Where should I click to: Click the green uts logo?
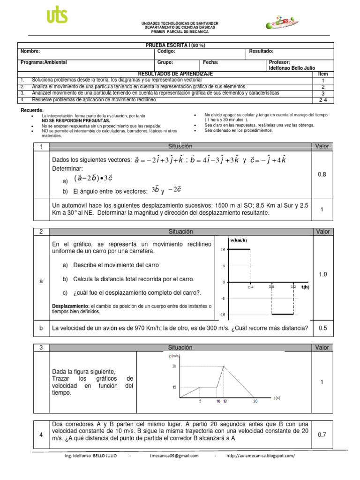(x=57, y=16)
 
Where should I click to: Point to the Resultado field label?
(x=261, y=52)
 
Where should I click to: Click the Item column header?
(x=323, y=74)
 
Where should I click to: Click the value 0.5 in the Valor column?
(x=322, y=328)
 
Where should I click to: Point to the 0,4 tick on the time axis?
(x=251, y=288)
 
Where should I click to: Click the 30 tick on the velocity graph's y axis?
(x=174, y=366)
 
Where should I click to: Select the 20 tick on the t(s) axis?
(x=255, y=402)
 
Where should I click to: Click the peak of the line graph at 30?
(x=225, y=366)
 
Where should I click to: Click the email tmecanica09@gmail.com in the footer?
(x=174, y=456)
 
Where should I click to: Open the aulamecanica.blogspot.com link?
(x=261, y=456)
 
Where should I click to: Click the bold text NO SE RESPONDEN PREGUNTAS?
(x=69, y=120)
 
